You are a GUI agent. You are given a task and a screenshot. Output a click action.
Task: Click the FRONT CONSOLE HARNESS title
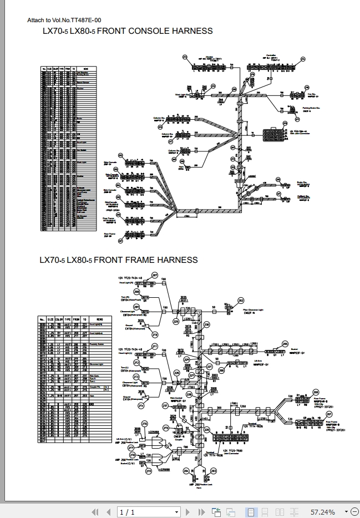point(128,31)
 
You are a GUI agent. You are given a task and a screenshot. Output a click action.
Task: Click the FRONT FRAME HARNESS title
point(119,260)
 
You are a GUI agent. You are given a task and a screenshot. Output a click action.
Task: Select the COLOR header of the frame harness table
point(58,319)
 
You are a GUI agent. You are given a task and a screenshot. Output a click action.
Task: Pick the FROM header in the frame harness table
point(77,319)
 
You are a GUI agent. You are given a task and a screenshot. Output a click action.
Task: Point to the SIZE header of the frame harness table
point(50,319)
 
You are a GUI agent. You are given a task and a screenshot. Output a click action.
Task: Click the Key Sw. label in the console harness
point(311,87)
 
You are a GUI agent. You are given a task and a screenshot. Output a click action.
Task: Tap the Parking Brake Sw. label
point(313,108)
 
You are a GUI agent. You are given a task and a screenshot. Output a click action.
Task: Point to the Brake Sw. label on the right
point(302,182)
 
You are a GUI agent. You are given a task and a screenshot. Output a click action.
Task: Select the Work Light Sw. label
point(185,94)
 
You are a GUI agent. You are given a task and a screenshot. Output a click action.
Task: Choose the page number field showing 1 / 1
point(127,511)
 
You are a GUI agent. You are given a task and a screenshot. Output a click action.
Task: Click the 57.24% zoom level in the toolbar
point(322,511)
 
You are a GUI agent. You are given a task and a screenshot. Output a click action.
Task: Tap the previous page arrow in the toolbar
point(106,511)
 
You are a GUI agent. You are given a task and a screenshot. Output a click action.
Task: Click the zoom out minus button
point(347,511)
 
